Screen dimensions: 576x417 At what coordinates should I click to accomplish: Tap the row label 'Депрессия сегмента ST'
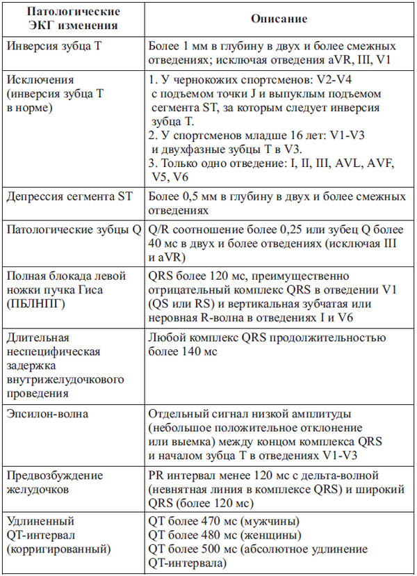[69, 198]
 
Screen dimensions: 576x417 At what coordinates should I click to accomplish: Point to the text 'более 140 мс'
[183, 352]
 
